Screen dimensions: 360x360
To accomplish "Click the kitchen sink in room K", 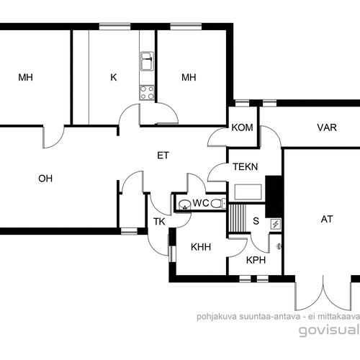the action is point(147,61).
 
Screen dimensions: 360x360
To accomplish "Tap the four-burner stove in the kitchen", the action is point(147,93).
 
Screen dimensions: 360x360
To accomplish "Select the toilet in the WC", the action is point(218,204).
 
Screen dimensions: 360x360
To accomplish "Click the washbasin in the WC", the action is point(185,204).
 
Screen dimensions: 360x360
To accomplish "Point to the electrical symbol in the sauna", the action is point(275,224).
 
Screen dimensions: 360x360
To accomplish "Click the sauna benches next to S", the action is point(237,218).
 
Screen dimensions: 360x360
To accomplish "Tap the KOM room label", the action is point(242,127).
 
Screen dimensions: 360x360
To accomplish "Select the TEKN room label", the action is point(246,166).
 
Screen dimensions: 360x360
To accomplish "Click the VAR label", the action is point(327,127).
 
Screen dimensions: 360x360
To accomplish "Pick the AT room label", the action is point(327,219).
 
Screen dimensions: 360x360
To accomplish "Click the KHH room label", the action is point(201,247).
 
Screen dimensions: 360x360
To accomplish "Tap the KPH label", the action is point(256,260).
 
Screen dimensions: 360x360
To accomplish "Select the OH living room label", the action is point(45,179).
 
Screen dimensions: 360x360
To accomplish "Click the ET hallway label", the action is point(163,156).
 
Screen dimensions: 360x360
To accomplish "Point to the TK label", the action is point(159,222).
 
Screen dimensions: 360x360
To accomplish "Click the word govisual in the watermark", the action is point(329,330).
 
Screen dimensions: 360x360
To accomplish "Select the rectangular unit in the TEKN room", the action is point(248,192).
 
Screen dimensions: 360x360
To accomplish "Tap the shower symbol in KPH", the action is point(279,246).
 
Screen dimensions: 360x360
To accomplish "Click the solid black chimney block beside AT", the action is point(273,197).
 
